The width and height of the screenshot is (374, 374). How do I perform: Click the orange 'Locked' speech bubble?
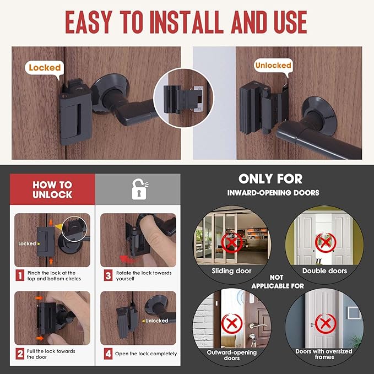[x=44, y=68]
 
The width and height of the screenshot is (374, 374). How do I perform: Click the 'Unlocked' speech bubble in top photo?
[x=273, y=65]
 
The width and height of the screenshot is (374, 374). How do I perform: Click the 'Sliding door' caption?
[x=231, y=271]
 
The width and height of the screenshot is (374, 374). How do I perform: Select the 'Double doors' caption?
[x=324, y=271]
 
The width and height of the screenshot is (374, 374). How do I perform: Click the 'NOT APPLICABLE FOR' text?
[x=278, y=282]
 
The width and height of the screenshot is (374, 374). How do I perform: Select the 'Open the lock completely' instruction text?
[x=146, y=354]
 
